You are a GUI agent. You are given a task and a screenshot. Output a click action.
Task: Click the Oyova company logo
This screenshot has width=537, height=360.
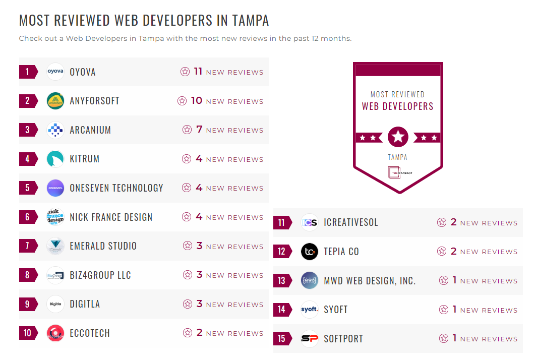pos(55,72)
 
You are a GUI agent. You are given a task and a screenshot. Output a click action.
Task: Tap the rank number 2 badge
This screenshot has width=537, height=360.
pos(28,101)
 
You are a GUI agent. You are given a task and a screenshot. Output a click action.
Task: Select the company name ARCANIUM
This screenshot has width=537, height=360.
pos(90,130)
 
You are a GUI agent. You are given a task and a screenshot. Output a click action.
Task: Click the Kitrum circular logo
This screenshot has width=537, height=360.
pos(55,159)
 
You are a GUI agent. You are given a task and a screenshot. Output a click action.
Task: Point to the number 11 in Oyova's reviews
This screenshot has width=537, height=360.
pos(198,72)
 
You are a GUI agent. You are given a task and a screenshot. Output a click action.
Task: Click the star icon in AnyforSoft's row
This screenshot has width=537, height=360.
pos(182,101)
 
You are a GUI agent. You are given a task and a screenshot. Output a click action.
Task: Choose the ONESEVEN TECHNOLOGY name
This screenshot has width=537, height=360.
pos(116,188)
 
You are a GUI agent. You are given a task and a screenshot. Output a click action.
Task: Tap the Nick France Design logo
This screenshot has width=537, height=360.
pos(55,217)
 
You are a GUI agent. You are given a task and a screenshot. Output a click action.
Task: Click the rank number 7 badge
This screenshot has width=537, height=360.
pos(28,246)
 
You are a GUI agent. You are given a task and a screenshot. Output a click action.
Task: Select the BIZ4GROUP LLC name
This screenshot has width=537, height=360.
pos(100,275)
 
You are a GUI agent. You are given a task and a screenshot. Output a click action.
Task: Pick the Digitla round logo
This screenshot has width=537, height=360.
pos(55,304)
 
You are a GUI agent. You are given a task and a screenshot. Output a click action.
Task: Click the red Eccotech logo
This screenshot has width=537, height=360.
pos(55,333)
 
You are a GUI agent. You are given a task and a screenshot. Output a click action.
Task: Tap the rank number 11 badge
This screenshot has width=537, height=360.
pos(281,223)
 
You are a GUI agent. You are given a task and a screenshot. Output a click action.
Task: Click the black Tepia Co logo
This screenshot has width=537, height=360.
pos(310,252)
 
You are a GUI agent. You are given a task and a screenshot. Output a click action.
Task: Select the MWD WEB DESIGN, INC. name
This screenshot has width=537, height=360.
pos(370,281)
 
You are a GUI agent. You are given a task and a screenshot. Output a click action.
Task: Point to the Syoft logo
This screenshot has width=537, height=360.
pos(310,310)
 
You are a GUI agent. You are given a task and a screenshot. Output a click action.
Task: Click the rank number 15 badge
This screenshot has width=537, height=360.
pos(281,339)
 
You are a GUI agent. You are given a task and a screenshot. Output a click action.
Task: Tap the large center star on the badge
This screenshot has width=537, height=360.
pos(398,137)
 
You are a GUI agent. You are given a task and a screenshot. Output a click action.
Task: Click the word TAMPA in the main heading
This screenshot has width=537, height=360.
pos(251,21)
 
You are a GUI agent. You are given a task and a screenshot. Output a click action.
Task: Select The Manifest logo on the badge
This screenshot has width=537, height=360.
pos(398,172)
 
